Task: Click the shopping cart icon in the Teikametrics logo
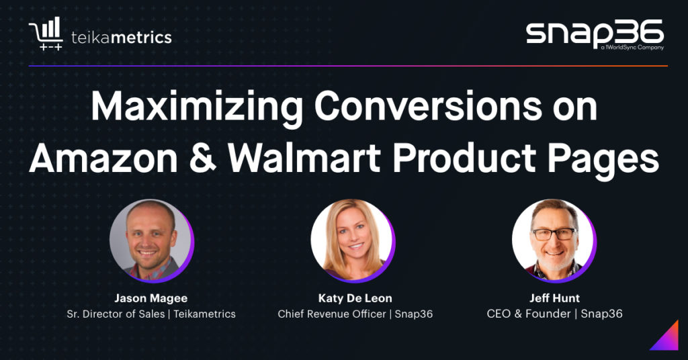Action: pos(46,34)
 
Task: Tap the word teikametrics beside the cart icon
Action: pos(122,37)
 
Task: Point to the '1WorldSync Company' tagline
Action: pos(632,48)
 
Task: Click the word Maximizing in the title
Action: pos(197,107)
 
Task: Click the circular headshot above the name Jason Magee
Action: pos(151,240)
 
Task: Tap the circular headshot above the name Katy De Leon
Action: pos(352,240)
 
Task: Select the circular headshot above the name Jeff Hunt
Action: pos(554,240)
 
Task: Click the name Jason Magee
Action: pos(151,298)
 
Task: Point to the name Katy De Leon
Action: pos(355,298)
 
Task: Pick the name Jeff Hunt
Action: pos(554,298)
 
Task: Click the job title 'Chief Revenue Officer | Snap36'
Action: pos(355,314)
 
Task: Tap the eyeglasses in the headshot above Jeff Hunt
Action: pos(554,234)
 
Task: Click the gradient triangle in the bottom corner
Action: pos(668,339)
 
